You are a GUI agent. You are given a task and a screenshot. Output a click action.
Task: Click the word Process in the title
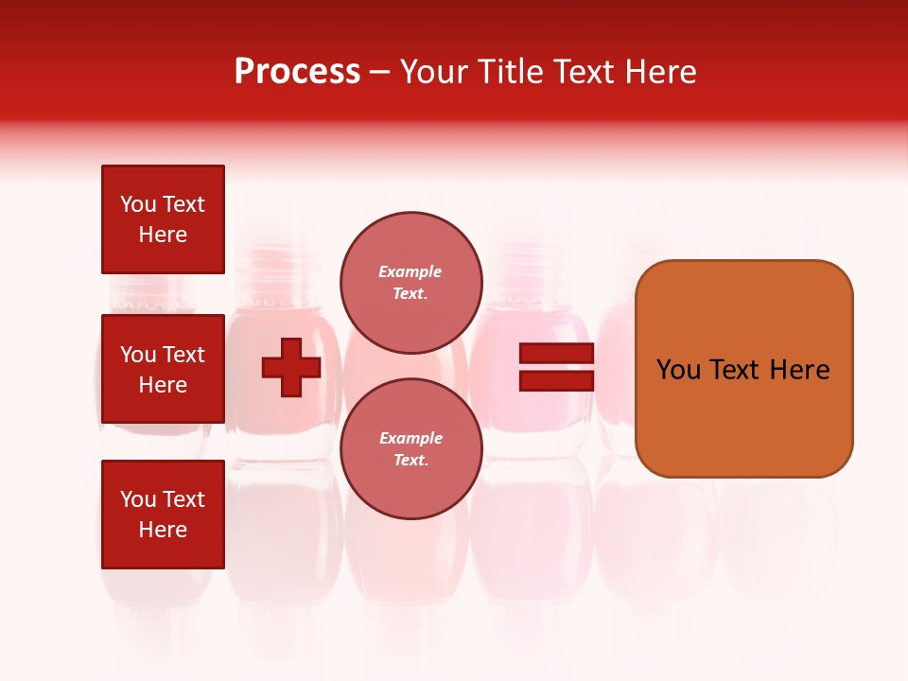pos(297,72)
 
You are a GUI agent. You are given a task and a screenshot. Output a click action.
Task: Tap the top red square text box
pos(163,219)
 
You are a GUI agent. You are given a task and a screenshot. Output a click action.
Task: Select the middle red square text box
pos(163,369)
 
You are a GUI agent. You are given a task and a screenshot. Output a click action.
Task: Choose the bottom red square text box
pos(163,515)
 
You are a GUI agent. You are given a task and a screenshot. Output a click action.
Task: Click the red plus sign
pos(291,367)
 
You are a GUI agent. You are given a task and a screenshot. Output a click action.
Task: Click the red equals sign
pos(557,367)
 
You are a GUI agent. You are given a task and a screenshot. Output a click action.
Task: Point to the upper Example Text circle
pos(410,282)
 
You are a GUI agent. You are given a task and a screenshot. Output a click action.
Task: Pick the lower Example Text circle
pos(410,448)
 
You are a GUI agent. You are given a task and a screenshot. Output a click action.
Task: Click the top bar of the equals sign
pos(557,354)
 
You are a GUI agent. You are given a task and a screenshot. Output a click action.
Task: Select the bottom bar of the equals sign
pos(557,380)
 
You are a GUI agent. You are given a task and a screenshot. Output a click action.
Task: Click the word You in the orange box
pos(677,370)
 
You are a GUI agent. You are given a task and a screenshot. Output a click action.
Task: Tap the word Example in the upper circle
pos(410,271)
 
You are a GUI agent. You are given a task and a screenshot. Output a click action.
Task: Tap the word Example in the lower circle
pos(410,438)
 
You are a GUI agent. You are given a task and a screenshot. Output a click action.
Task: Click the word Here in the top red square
pos(163,235)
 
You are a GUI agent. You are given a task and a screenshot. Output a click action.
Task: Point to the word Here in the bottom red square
pos(163,530)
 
